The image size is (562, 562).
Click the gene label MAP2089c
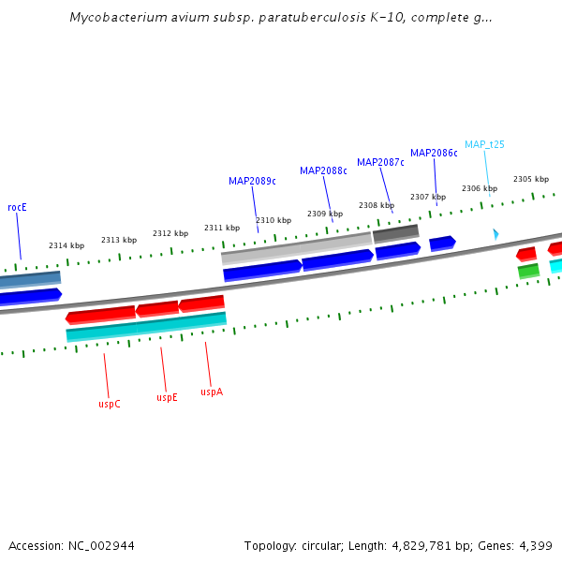point(252,181)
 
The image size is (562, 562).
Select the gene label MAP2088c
point(323,170)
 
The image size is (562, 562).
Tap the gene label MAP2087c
point(380,162)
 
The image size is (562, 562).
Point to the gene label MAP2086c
point(434,153)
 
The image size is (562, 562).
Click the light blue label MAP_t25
point(485,144)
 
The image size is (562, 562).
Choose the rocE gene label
point(17,207)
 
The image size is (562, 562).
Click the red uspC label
point(110,404)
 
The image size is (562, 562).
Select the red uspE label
point(167,397)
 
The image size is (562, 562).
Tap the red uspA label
point(212,392)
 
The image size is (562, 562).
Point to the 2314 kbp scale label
point(67,245)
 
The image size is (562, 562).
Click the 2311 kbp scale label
point(222,228)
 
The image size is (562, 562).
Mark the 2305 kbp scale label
point(531,179)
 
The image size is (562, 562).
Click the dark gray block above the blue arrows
point(395,233)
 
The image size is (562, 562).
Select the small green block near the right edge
point(528,271)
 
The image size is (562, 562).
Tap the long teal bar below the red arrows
point(146,327)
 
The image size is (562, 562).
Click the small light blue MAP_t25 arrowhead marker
point(495,233)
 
